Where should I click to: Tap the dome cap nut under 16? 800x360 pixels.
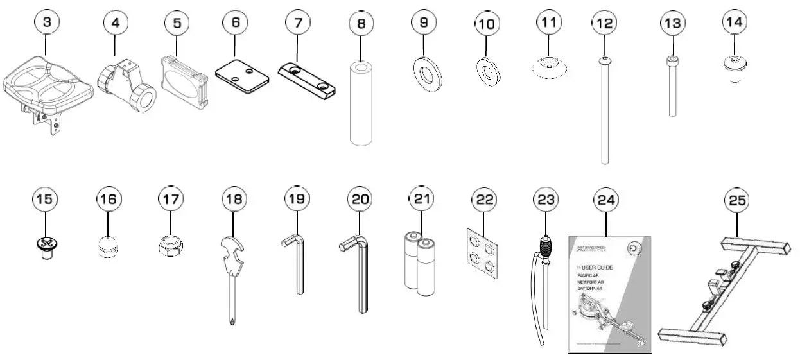pyautogui.click(x=108, y=245)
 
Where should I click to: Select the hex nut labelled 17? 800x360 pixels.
pyautogui.click(x=171, y=244)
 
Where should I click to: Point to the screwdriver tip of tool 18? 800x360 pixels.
pyautogui.click(x=230, y=318)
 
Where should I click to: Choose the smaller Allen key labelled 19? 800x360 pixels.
pyautogui.click(x=297, y=266)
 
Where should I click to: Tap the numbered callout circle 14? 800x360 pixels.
pyautogui.click(x=735, y=22)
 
